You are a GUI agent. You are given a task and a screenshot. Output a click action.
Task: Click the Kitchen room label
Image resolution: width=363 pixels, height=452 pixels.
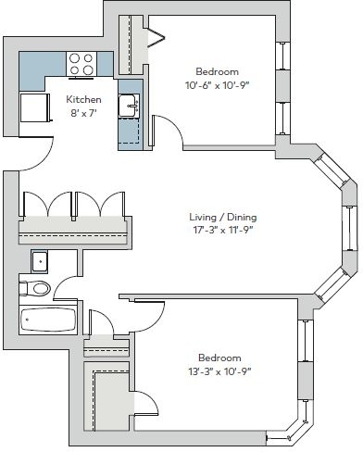[x=83, y=99]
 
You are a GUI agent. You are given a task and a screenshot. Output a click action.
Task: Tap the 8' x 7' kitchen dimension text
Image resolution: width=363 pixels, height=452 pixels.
[x=83, y=113]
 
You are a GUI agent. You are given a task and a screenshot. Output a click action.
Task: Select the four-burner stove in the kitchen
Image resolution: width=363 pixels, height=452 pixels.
[x=81, y=64]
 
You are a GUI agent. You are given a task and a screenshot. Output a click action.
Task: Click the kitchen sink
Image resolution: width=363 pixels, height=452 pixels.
[x=129, y=106]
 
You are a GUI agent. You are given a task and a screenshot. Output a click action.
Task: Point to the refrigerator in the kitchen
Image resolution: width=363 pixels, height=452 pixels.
[x=34, y=107]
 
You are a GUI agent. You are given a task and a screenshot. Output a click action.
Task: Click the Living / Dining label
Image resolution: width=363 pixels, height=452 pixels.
[x=223, y=217]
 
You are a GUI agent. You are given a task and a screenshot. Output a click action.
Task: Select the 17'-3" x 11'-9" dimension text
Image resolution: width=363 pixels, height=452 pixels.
[x=221, y=230]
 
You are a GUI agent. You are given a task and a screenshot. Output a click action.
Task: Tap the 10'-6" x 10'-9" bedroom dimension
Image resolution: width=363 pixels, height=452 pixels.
[x=217, y=85]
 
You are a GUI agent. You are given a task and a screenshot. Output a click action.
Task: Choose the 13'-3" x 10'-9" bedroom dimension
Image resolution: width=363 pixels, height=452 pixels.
[x=219, y=371]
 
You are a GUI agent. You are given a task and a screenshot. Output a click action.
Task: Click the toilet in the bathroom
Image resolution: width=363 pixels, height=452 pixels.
[x=34, y=288]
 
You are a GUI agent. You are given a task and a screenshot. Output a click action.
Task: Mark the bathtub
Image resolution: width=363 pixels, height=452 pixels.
[x=48, y=320]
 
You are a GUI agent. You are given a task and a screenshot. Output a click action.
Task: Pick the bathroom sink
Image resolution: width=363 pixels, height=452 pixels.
[x=40, y=261]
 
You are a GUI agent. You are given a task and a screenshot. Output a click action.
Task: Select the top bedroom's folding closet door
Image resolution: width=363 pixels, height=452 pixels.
[x=156, y=38]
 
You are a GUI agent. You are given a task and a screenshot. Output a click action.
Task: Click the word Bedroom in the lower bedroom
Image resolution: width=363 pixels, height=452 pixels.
[x=219, y=358]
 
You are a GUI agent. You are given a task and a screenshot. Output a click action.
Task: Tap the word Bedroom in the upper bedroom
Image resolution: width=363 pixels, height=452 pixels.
[x=218, y=71]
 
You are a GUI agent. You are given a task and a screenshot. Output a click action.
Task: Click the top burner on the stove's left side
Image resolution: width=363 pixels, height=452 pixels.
[x=74, y=58]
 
